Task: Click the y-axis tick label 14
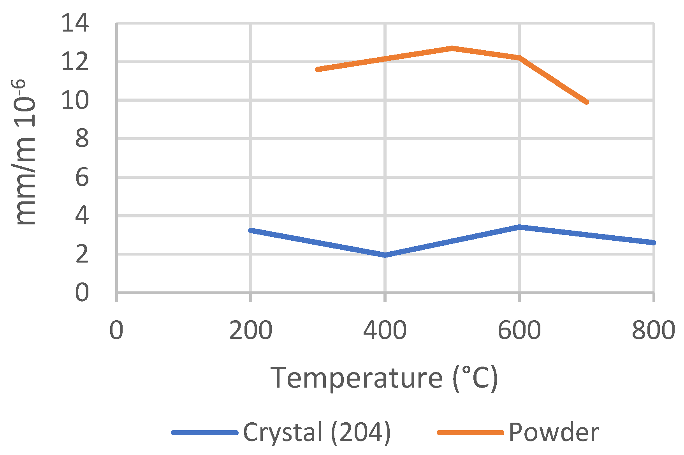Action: point(75,23)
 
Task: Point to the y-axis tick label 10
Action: point(75,101)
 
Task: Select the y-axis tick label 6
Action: point(82,177)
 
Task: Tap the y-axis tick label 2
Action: point(82,254)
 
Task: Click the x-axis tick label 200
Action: point(250,330)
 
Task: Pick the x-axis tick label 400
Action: point(385,330)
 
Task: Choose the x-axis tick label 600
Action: point(519,330)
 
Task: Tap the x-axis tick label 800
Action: point(653,330)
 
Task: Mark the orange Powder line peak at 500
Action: point(452,48)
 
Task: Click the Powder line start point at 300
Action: point(318,69)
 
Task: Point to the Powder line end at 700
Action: point(586,102)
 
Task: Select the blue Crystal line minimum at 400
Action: point(385,255)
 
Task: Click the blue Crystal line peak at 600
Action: point(519,227)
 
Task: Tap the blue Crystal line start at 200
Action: point(251,230)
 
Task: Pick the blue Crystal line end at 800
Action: point(653,243)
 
